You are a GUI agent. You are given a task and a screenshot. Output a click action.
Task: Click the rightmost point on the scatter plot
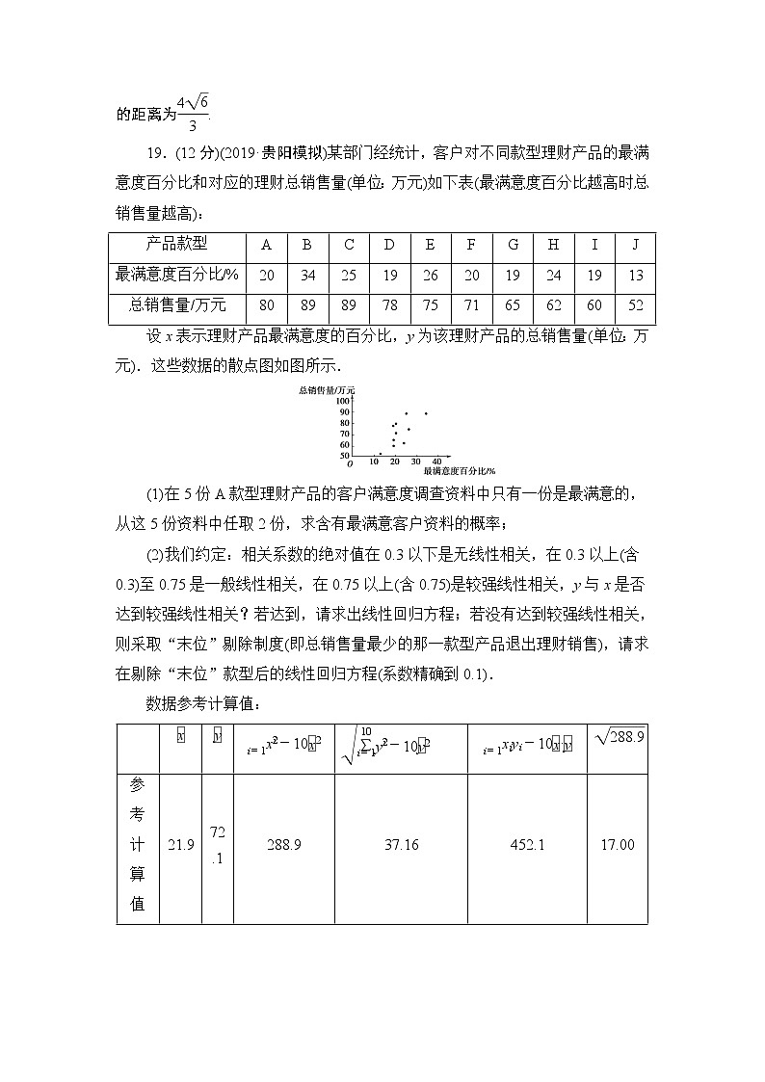pyautogui.click(x=426, y=413)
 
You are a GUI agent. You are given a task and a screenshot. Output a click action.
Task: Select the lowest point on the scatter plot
pyautogui.click(x=380, y=453)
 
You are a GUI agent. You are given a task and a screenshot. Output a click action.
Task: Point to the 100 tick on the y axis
pyautogui.click(x=345, y=402)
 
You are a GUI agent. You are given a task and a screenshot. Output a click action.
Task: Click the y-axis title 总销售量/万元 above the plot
pyautogui.click(x=327, y=389)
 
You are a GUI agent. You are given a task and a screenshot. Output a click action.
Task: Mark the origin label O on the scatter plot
pyautogui.click(x=350, y=463)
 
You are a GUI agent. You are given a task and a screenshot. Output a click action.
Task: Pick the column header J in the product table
pyautogui.click(x=635, y=244)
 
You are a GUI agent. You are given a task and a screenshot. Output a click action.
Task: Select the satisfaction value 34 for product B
pyautogui.click(x=307, y=275)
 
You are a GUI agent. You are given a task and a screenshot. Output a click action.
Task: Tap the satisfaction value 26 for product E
pyautogui.click(x=430, y=275)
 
